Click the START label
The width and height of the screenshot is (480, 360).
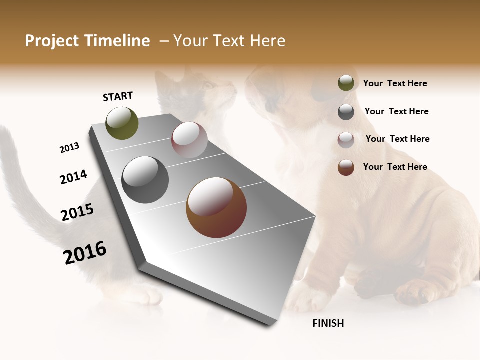pyautogui.click(x=118, y=96)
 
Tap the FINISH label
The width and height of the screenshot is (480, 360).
pyautogui.click(x=328, y=323)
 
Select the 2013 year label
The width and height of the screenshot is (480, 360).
pyautogui.click(x=70, y=148)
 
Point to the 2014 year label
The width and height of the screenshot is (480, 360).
pyautogui.click(x=73, y=177)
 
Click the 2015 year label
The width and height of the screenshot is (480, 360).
pyautogui.click(x=77, y=212)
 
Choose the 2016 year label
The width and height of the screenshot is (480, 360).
pyautogui.click(x=85, y=253)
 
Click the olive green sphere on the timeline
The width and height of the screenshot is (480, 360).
pyautogui.click(x=122, y=123)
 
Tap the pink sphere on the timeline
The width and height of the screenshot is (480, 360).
pyautogui.click(x=189, y=140)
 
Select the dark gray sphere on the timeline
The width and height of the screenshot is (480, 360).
pyautogui.click(x=145, y=179)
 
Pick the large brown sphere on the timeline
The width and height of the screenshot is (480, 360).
pyautogui.click(x=216, y=207)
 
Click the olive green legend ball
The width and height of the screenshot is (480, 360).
pyautogui.click(x=346, y=83)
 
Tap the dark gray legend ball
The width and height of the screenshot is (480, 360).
pyautogui.click(x=346, y=112)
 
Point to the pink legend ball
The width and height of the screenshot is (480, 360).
pyautogui.click(x=346, y=140)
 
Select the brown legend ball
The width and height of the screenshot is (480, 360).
pyautogui.click(x=346, y=167)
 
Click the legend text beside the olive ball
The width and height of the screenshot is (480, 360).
pyautogui.click(x=395, y=84)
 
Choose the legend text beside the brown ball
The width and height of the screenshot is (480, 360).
pyautogui.click(x=395, y=167)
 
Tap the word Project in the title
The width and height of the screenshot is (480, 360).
pyautogui.click(x=51, y=41)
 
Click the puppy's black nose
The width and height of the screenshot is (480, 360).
pyautogui.click(x=270, y=105)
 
